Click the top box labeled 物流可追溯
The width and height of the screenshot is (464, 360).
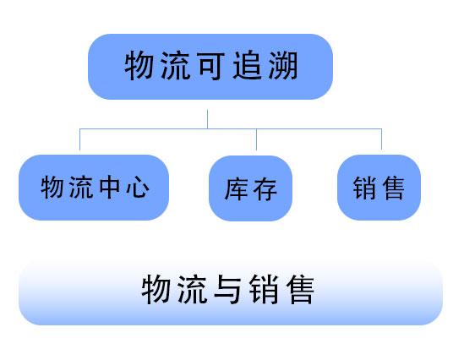[210, 67]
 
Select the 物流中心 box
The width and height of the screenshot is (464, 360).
[94, 188]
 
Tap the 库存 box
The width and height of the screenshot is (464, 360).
[251, 188]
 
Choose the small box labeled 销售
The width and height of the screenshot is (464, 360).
[379, 188]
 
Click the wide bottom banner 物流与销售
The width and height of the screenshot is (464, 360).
[231, 293]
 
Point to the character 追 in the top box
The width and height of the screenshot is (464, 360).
[248, 66]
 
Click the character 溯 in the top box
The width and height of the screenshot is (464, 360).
[283, 66]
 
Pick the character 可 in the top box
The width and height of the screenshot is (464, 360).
[211, 66]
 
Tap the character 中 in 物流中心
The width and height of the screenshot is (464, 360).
[110, 187]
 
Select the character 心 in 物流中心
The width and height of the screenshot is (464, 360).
[138, 187]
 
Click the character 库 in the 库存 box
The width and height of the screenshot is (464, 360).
[237, 189]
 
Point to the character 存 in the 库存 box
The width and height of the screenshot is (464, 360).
[265, 189]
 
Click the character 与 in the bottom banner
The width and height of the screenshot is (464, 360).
[227, 289]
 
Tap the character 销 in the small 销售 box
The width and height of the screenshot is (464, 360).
[364, 188]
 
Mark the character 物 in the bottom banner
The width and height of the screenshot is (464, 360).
[156, 289]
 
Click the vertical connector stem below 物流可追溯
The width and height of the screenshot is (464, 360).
[207, 119]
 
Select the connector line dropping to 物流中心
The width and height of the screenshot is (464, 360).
[80, 139]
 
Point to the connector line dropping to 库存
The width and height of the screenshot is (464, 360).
[256, 139]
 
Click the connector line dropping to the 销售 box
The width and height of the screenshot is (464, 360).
[381, 139]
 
